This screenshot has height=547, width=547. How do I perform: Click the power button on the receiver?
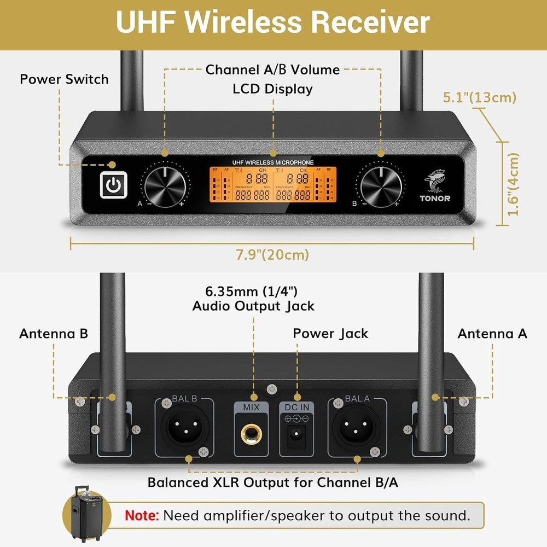click(113, 185)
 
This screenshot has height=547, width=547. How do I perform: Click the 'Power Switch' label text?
click(64, 79)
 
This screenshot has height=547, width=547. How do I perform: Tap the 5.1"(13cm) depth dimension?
click(479, 98)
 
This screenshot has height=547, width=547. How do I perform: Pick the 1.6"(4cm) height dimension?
click(513, 184)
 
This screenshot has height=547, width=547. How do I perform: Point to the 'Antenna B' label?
click(54, 333)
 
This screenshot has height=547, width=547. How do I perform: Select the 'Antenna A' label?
click(492, 333)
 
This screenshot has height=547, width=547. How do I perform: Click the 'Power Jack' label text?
click(330, 333)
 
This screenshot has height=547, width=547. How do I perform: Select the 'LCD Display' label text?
click(273, 89)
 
